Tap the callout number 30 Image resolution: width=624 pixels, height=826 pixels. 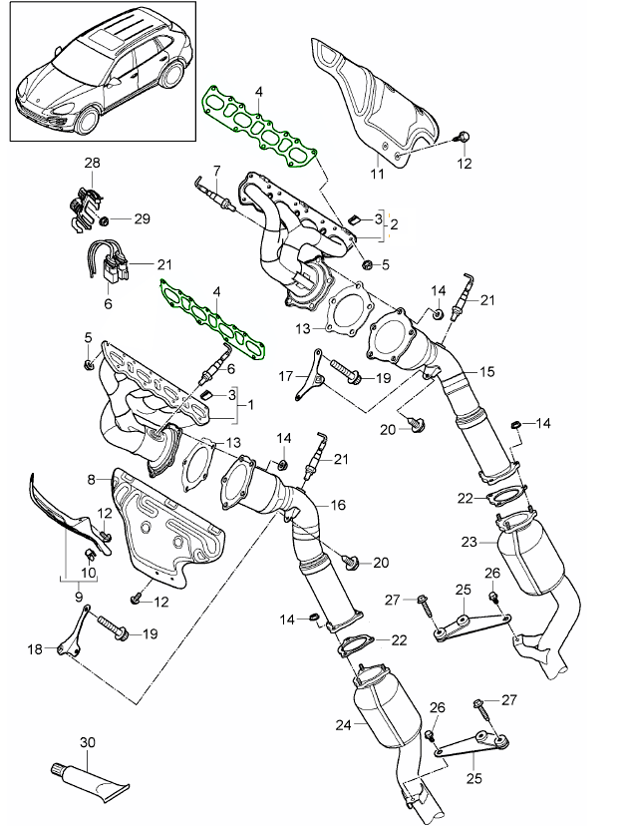point(86,743)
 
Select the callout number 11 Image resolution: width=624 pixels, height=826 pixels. point(377,176)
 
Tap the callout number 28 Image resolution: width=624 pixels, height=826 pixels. point(92,162)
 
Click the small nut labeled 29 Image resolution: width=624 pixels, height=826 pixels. point(104,218)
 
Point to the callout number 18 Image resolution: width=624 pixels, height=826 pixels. point(34,649)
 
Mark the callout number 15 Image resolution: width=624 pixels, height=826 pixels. point(487,371)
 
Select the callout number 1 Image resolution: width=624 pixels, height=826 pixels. point(250,406)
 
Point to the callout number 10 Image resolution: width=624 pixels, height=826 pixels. point(89,573)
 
